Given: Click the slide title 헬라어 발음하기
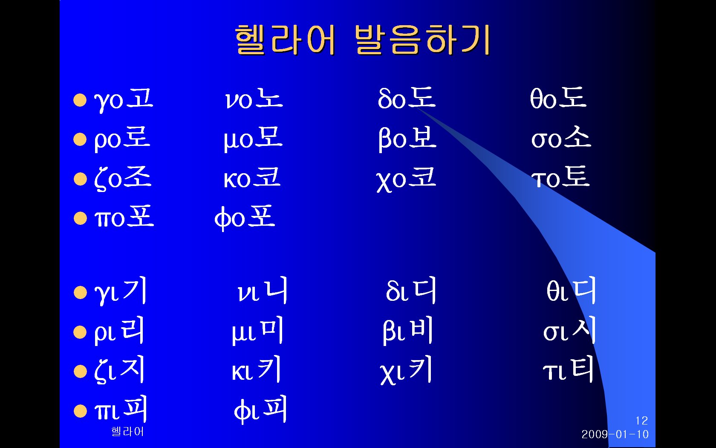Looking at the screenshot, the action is (x=362, y=40).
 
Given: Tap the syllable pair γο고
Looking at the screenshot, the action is (x=124, y=100).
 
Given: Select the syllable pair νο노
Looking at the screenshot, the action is (x=254, y=99).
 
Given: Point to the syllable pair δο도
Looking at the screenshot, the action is (x=407, y=98).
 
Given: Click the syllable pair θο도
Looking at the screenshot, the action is (x=558, y=98).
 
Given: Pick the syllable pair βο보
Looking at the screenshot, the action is (x=407, y=139).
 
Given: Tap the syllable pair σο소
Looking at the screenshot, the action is (x=561, y=137).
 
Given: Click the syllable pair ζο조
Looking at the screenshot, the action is (x=122, y=178).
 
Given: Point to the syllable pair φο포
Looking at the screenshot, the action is (x=245, y=218).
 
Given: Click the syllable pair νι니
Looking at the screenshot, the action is (x=262, y=290).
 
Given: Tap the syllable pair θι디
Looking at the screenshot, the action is (x=571, y=290).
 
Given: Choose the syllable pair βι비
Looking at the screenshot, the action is (x=408, y=330).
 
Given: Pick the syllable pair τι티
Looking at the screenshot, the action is (x=569, y=369).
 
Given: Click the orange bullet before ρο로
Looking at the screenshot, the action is (x=80, y=140).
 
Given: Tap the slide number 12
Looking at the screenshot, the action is (x=641, y=421).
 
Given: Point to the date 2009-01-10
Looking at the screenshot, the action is (x=615, y=434).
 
